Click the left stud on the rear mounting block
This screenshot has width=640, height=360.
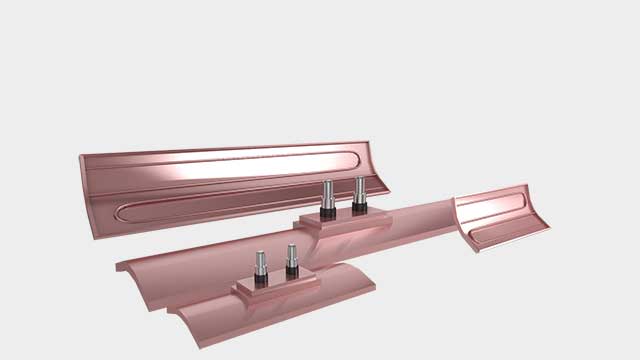click(327, 194)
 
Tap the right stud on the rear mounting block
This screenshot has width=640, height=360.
click(359, 189)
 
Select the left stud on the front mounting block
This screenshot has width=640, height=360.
click(260, 264)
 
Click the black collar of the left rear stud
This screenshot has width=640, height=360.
click(327, 211)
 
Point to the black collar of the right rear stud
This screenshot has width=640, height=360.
click(359, 205)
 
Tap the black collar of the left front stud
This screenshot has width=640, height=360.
click(260, 280)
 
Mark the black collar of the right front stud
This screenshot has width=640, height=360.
click(292, 272)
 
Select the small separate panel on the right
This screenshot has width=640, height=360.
click(502, 217)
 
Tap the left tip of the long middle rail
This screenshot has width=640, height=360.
click(119, 267)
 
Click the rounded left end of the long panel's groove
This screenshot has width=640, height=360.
click(121, 212)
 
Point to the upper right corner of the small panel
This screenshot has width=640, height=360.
click(525, 186)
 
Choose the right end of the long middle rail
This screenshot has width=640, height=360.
click(454, 215)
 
